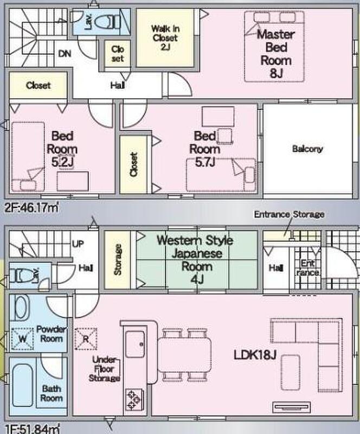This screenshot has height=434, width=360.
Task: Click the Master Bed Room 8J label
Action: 275,54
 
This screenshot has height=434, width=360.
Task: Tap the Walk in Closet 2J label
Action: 165,37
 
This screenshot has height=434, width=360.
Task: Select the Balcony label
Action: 307,149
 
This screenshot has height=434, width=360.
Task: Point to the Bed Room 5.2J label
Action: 62,149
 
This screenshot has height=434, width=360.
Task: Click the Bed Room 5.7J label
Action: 205,149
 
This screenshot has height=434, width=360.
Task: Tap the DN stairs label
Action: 65,53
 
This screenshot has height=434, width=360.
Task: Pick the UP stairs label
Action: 78,244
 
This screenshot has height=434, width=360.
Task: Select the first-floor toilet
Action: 23,276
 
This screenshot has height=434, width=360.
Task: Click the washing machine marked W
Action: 23,338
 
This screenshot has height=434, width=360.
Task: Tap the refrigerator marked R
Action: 86,339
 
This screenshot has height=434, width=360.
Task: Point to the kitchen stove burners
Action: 134,399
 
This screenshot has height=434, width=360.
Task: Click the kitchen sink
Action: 136,344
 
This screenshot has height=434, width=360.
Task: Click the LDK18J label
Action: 255,355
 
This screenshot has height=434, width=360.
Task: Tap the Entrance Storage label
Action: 289,214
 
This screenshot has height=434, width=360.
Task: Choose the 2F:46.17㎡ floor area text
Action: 32,207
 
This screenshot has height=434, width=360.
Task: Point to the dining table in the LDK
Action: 184,355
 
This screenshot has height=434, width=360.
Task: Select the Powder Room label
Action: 52,334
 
